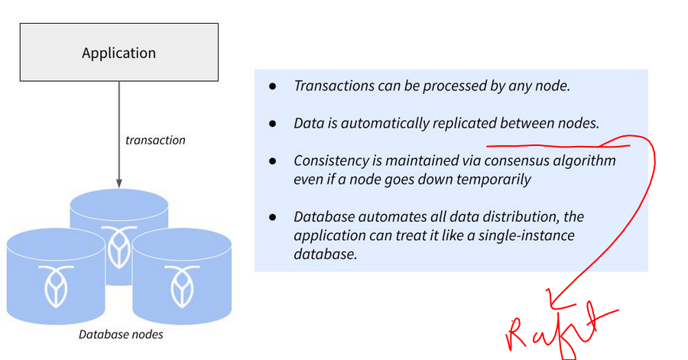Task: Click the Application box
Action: pyautogui.click(x=118, y=53)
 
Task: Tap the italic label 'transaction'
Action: pyautogui.click(x=155, y=140)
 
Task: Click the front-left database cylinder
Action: pyautogui.click(x=55, y=283)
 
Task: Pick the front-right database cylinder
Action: pyautogui.click(x=181, y=283)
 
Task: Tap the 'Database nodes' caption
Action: pyautogui.click(x=121, y=334)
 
